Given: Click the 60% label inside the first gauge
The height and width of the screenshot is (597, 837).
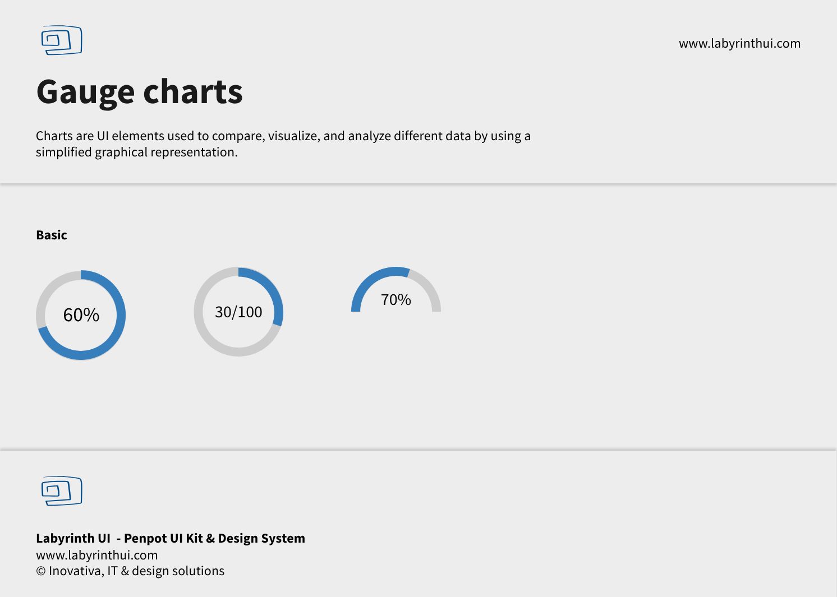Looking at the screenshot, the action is point(81,314).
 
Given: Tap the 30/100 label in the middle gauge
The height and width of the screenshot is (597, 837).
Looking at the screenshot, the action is point(238,312).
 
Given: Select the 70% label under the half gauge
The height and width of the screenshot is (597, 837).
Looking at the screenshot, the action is point(395,300).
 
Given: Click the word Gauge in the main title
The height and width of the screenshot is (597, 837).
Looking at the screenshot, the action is point(85,92).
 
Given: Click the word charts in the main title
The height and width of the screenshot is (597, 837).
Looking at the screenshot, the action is point(193,91).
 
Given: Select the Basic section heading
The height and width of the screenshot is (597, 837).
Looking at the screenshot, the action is point(52,235).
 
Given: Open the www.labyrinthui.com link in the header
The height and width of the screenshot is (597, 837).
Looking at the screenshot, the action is point(739,44).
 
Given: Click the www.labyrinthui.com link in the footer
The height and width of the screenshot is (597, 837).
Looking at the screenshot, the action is point(97,555).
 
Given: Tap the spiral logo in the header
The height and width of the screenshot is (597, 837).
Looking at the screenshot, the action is point(62,40).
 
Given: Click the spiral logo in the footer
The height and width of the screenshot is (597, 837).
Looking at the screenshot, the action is point(62,491).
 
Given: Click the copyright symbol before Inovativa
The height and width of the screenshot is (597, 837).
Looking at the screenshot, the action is point(41,571).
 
